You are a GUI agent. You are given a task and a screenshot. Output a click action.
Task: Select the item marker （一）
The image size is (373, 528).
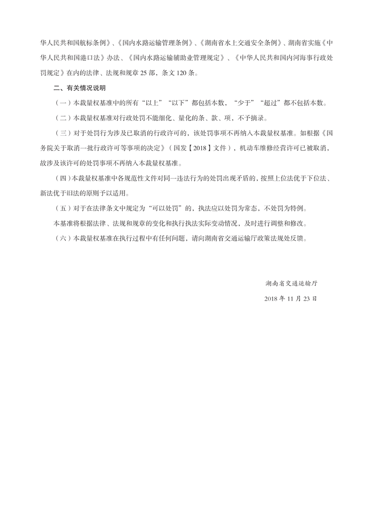point(62,103)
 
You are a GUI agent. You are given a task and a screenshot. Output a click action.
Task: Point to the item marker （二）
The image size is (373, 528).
point(62,118)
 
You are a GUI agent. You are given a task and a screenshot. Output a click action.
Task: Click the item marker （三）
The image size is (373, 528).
point(62,133)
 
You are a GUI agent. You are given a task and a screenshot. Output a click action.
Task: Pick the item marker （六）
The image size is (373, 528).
point(62,238)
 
